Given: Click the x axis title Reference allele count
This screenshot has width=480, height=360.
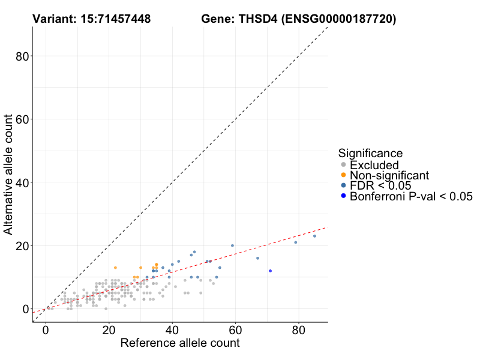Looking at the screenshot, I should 180,344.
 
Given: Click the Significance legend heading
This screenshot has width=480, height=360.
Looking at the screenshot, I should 370,153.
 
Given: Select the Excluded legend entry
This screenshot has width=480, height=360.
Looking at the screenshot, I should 374,165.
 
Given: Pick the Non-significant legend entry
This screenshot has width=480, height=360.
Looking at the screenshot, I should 389,175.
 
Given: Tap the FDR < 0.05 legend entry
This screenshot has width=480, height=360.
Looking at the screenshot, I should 379,185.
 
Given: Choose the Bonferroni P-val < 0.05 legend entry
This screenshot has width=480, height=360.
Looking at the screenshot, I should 411,196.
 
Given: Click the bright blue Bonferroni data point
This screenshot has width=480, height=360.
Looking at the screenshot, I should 270,271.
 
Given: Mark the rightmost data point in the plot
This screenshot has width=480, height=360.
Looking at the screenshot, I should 314,236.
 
